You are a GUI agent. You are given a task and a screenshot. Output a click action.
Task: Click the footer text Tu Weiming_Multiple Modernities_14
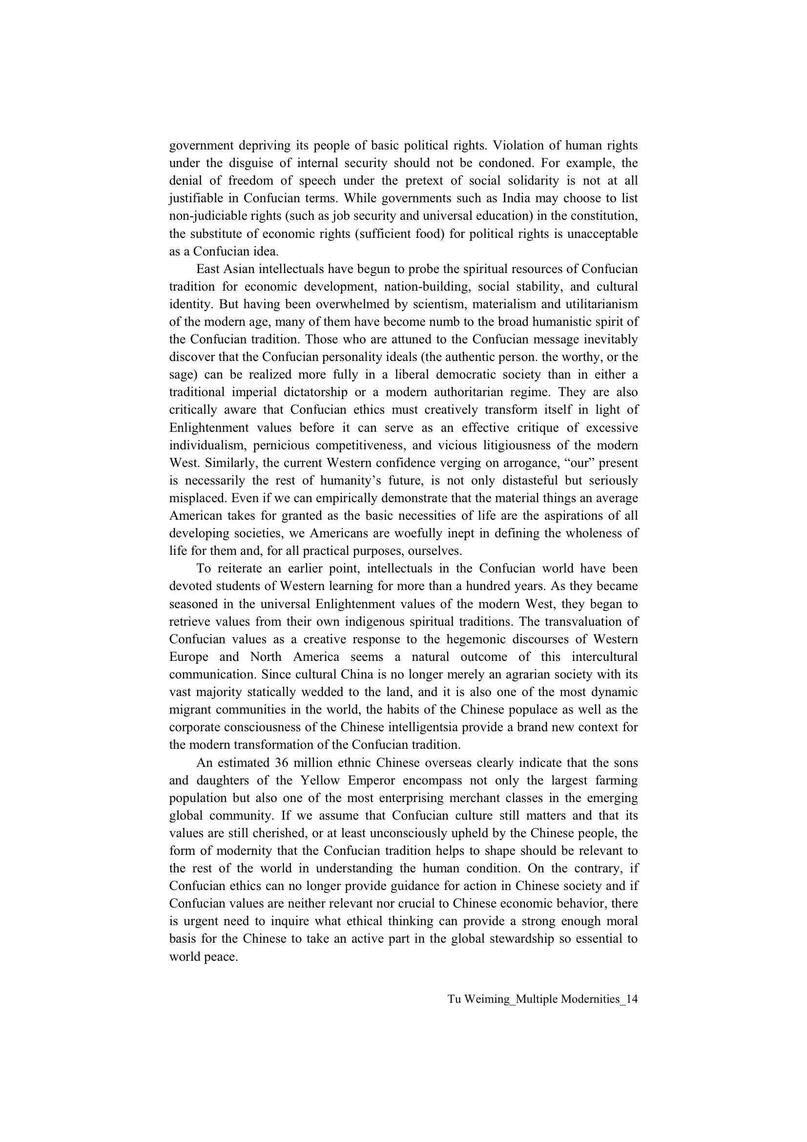(x=542, y=999)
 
